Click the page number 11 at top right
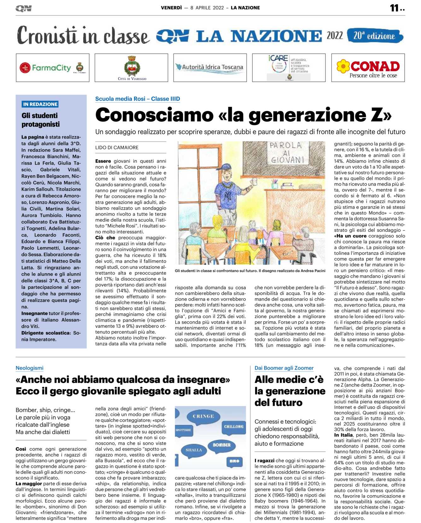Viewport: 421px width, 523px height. click(395, 8)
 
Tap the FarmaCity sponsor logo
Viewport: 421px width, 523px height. click(52, 68)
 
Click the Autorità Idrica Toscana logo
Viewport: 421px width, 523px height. click(210, 67)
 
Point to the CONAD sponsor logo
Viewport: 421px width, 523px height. click(368, 68)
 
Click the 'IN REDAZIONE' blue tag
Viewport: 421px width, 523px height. click(40, 104)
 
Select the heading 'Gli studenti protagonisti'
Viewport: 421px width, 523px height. click(40, 120)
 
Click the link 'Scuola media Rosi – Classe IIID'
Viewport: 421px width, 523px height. click(137, 99)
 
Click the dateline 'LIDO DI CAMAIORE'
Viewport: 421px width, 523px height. click(117, 147)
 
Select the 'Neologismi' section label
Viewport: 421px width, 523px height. click(30, 368)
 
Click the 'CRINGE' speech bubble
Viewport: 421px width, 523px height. click(203, 416)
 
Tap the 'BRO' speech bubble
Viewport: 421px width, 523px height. click(234, 461)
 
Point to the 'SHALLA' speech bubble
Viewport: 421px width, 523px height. click(194, 450)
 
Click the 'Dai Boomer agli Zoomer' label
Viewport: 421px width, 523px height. click(284, 368)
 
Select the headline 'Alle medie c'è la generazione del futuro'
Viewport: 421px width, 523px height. click(290, 391)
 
